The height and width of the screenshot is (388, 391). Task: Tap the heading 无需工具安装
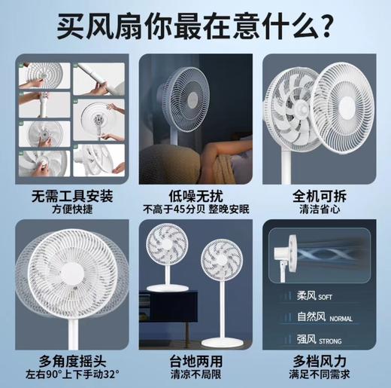pyautogui.click(x=72, y=195)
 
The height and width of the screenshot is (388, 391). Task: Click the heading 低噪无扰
pyautogui.click(x=195, y=195)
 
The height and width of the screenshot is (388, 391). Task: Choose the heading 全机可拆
pyautogui.click(x=319, y=195)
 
